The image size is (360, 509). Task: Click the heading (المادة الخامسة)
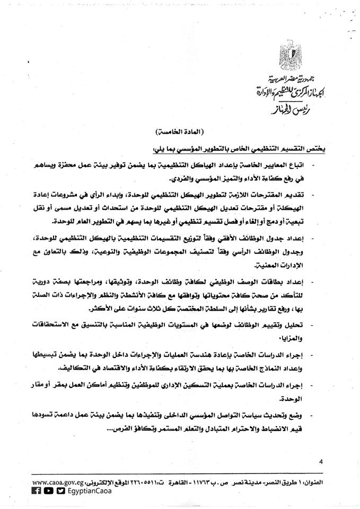point(178,130)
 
